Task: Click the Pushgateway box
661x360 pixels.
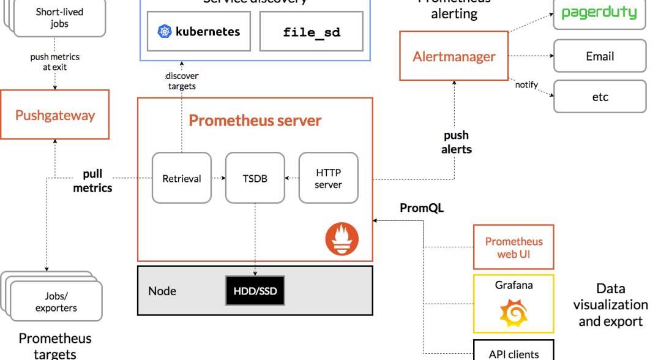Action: (x=55, y=115)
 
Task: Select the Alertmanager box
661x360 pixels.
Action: (x=454, y=56)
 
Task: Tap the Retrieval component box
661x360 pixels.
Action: (x=182, y=179)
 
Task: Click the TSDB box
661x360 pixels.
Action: (x=255, y=179)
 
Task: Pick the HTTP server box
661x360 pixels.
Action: (x=328, y=179)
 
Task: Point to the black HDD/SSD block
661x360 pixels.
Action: (x=255, y=291)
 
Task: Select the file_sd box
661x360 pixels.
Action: (x=312, y=32)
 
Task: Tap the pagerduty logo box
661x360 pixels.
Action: (x=599, y=13)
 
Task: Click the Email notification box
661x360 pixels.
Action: (x=599, y=56)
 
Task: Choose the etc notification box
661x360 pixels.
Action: (x=599, y=97)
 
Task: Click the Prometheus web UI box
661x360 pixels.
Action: (x=513, y=247)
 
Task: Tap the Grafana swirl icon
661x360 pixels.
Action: (x=513, y=312)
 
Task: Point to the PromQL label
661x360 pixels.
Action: (x=422, y=208)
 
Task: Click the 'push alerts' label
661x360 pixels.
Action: (x=456, y=142)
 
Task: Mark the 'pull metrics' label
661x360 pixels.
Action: (x=92, y=181)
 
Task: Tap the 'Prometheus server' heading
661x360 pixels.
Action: (x=255, y=121)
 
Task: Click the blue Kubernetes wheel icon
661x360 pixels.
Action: (x=165, y=31)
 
